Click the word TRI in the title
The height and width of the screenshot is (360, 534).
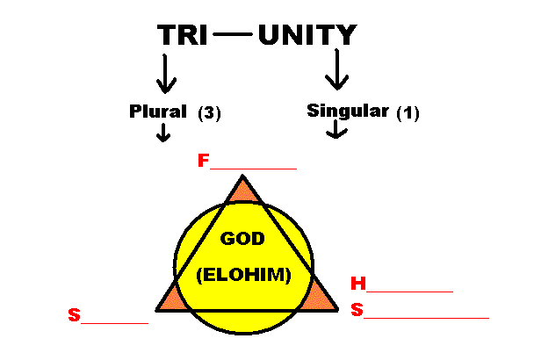182,35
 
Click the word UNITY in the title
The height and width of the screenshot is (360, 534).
307,35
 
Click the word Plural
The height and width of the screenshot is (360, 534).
158,112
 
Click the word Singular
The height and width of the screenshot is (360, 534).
348,112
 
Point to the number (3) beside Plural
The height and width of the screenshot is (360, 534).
209,112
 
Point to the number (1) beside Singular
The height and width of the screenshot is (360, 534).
409,112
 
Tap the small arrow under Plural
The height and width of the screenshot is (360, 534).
162,133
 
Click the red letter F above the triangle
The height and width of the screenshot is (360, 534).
204,162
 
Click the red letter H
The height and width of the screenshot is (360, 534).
357,284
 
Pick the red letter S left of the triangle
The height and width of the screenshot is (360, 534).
74,313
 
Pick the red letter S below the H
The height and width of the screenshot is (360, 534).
357,309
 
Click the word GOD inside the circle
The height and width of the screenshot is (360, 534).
242,239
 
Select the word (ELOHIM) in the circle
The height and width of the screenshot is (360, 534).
243,274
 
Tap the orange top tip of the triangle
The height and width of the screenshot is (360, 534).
242,191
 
